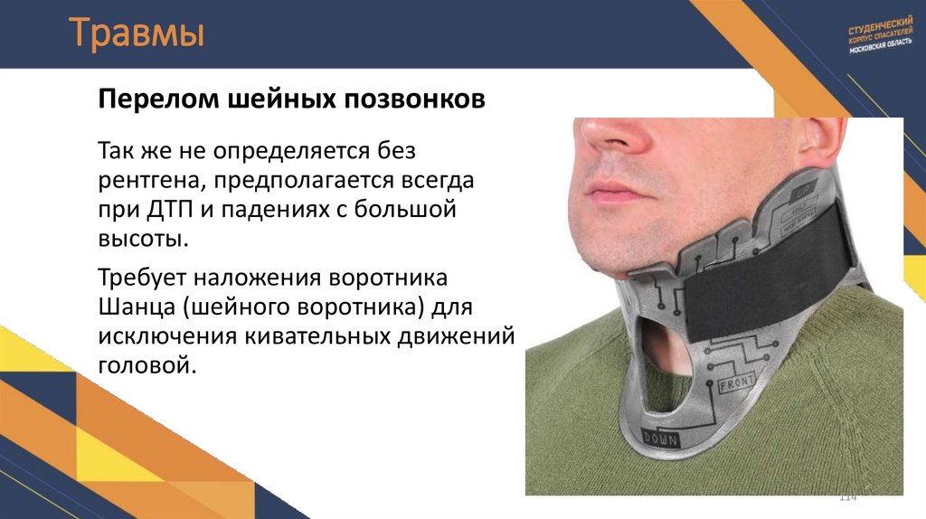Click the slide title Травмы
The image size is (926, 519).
[137, 35]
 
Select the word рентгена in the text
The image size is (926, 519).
[150, 182]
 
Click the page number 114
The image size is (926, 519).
[847, 497]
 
